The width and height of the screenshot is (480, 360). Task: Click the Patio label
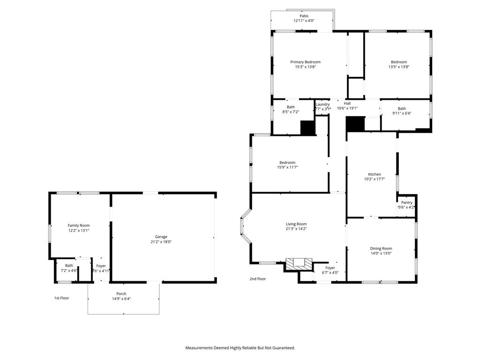coord(304,16)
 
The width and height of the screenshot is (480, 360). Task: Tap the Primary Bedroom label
coord(305,62)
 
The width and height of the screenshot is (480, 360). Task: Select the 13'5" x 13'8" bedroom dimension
coord(399,67)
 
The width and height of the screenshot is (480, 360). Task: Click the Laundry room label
coord(322,104)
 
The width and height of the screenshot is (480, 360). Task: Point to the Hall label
coord(347,104)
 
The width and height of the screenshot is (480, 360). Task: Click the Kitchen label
coord(374,174)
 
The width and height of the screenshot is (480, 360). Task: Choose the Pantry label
coord(406,202)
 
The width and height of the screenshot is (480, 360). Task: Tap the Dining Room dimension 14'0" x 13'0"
coord(381,254)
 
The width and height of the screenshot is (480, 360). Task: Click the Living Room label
coord(296,224)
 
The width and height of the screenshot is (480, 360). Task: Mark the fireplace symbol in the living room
coord(299,263)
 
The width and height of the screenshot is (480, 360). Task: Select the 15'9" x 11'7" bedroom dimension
coord(287,167)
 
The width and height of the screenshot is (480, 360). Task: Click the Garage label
coord(161,237)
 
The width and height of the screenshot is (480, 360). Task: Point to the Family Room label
coord(78,225)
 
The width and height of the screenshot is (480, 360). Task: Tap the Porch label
coord(121,294)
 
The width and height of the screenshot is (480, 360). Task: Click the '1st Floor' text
coord(61,298)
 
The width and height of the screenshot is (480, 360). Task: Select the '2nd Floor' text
coord(257,279)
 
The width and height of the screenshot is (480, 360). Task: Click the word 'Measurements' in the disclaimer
coord(199,348)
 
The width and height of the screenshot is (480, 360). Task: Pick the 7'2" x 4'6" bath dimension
coord(69,270)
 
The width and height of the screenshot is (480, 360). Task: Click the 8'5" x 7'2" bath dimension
coord(291,112)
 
